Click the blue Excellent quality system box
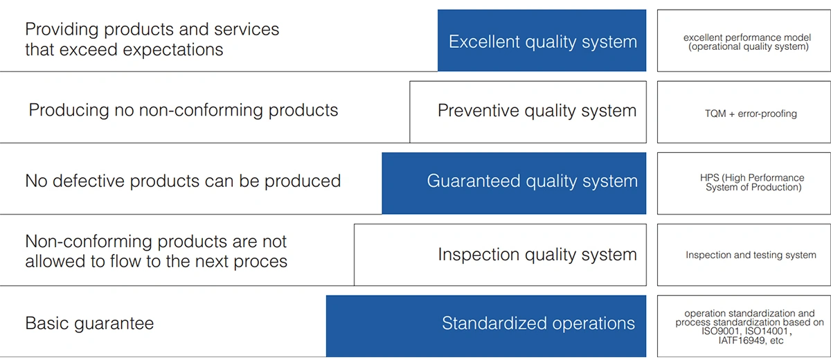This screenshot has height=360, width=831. coord(542,40)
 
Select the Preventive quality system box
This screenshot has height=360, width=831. coord(528,112)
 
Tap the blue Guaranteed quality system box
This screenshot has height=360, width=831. coord(514,183)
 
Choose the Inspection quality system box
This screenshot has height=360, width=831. coord(500,255)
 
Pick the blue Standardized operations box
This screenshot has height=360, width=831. coord(486,326)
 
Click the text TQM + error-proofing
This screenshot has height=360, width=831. coord(751,114)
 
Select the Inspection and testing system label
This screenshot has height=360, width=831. coord(751,255)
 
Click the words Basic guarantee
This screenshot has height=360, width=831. coord(89,323)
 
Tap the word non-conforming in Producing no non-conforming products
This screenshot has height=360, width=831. coord(200,110)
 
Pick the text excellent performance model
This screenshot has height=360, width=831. coord(747,37)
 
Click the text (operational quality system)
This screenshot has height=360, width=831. coord(749,46)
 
